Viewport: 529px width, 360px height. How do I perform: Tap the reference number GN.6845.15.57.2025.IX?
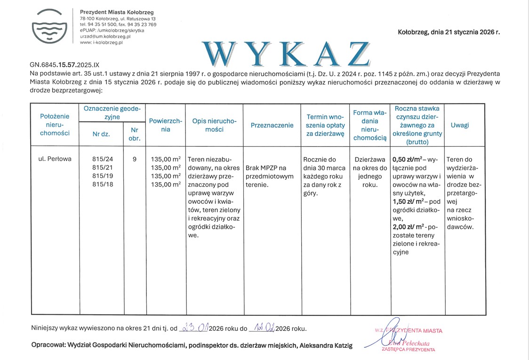coord(65,65)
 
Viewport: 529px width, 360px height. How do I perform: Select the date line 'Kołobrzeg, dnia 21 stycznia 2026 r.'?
coord(449,32)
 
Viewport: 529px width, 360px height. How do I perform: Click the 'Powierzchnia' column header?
coord(166,125)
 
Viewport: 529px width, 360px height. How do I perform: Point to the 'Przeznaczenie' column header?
coord(272,125)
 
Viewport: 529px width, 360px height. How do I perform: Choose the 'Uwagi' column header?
coord(459,125)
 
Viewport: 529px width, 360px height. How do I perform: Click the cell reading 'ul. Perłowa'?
coord(55,159)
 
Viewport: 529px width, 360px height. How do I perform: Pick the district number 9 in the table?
coord(135,159)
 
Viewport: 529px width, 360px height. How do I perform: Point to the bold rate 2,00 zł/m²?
coord(408,227)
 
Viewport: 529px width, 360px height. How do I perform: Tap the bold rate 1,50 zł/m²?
coord(408,201)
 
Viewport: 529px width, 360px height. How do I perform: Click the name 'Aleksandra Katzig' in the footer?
coord(325,346)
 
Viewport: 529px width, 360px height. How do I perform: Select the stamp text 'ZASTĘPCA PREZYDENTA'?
coord(408,350)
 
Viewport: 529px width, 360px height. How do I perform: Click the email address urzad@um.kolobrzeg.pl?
coord(105,36)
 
